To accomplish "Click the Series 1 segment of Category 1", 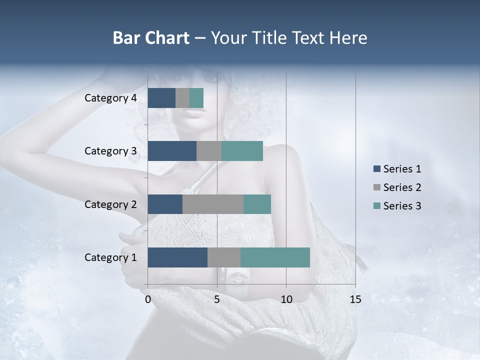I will (177, 257).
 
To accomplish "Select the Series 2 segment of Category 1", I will (224, 257).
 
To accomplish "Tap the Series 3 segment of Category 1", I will (275, 257).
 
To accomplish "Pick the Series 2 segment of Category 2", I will (213, 204).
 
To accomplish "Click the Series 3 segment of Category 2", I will (257, 204).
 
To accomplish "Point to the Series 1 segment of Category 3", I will (172, 151).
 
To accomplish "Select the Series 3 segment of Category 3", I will (242, 151).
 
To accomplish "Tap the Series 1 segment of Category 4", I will (161, 98).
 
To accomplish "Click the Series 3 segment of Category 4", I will (196, 98).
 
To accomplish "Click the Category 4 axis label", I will (110, 98).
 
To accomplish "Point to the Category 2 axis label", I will (110, 204).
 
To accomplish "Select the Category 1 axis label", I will (110, 257).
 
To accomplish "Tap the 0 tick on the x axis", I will (148, 299).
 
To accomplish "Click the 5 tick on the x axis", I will (217, 299).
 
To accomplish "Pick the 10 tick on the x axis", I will (286, 299).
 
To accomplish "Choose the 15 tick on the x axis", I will (355, 299).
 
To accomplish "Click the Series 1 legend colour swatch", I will (376, 169).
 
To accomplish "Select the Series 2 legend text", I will (402, 187).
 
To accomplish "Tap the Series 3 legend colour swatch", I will (376, 206).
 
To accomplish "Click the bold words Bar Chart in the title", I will (151, 38).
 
